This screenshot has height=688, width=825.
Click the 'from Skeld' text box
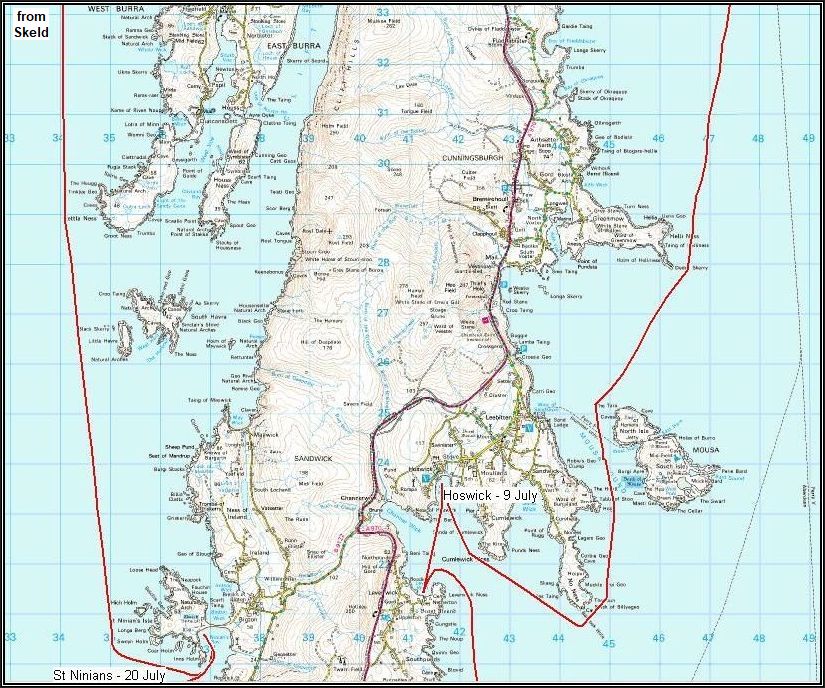[x=31, y=24]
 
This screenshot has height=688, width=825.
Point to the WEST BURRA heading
[x=111, y=8]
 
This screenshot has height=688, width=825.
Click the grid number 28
[x=383, y=262]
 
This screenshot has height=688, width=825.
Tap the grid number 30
[x=383, y=162]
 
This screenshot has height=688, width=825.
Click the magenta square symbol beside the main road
[x=487, y=319]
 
